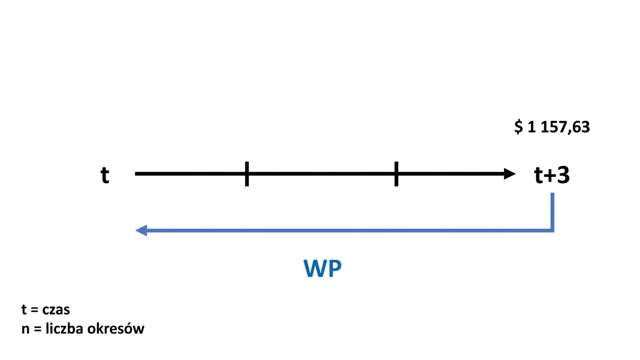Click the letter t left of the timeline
pyautogui.click(x=105, y=175)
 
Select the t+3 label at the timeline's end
pyautogui.click(x=552, y=175)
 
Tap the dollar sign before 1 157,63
pyautogui.click(x=519, y=127)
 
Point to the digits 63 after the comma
pyautogui.click(x=581, y=127)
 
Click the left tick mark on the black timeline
pyautogui.click(x=247, y=174)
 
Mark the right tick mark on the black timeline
pyautogui.click(x=396, y=174)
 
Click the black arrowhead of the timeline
pyautogui.click(x=510, y=174)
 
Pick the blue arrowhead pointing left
pyautogui.click(x=141, y=230)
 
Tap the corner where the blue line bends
pyautogui.click(x=552, y=230)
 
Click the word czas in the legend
pyautogui.click(x=56, y=310)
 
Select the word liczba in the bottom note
pyautogui.click(x=65, y=328)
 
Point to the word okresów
pyautogui.click(x=116, y=328)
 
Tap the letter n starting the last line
pyautogui.click(x=25, y=330)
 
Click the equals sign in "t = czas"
pyautogui.click(x=34, y=310)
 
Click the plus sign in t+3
pyautogui.click(x=550, y=176)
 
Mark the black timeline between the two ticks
pyautogui.click(x=322, y=174)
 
